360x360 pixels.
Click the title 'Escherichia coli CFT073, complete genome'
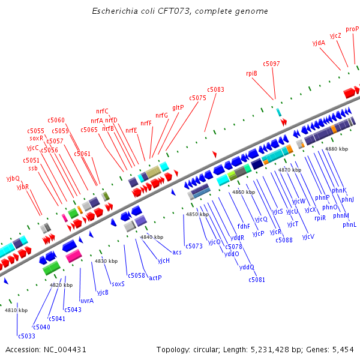coord(180,11)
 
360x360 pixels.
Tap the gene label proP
coord(352,29)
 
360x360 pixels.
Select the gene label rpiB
coord(251,73)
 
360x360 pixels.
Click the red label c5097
coord(271,64)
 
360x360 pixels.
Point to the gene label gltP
coord(178,107)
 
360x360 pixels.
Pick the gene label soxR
coord(37,138)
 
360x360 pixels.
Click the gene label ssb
coord(33,168)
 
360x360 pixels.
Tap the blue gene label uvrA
coord(87,301)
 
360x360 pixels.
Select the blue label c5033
coord(26,336)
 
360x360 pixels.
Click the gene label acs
coord(177,252)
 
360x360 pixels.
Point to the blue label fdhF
coord(244,226)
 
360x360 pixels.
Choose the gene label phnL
coord(350,224)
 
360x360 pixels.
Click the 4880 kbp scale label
coord(336,149)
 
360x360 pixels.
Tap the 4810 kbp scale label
coord(16,310)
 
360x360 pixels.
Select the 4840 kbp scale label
coord(152,237)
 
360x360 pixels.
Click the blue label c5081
coord(257,280)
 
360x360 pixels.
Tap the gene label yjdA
coord(319,43)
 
